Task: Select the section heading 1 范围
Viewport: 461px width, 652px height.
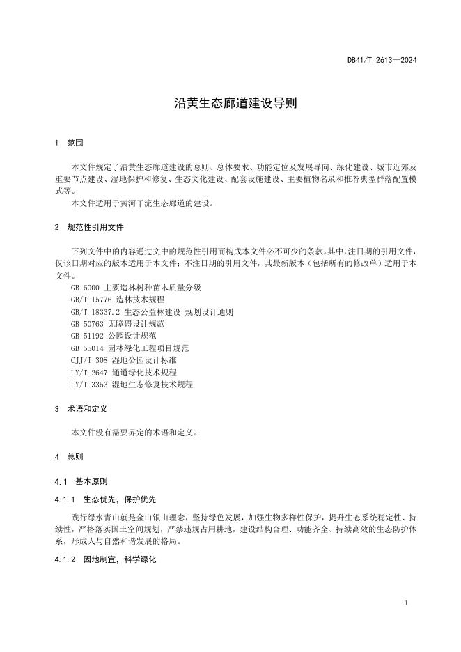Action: (69, 143)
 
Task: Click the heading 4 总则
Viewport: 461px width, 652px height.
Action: (69, 457)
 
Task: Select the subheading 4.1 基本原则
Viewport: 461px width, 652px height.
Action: (80, 481)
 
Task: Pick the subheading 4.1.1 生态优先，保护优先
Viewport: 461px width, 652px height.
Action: (105, 499)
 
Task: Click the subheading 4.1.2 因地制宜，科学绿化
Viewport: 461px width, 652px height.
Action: (105, 559)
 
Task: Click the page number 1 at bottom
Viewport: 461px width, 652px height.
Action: (405, 603)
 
